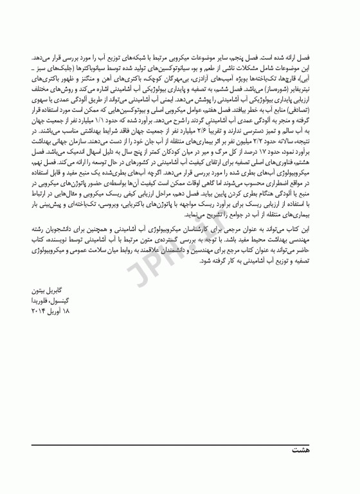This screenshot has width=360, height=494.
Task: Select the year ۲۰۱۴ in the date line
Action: [x=37, y=311]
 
